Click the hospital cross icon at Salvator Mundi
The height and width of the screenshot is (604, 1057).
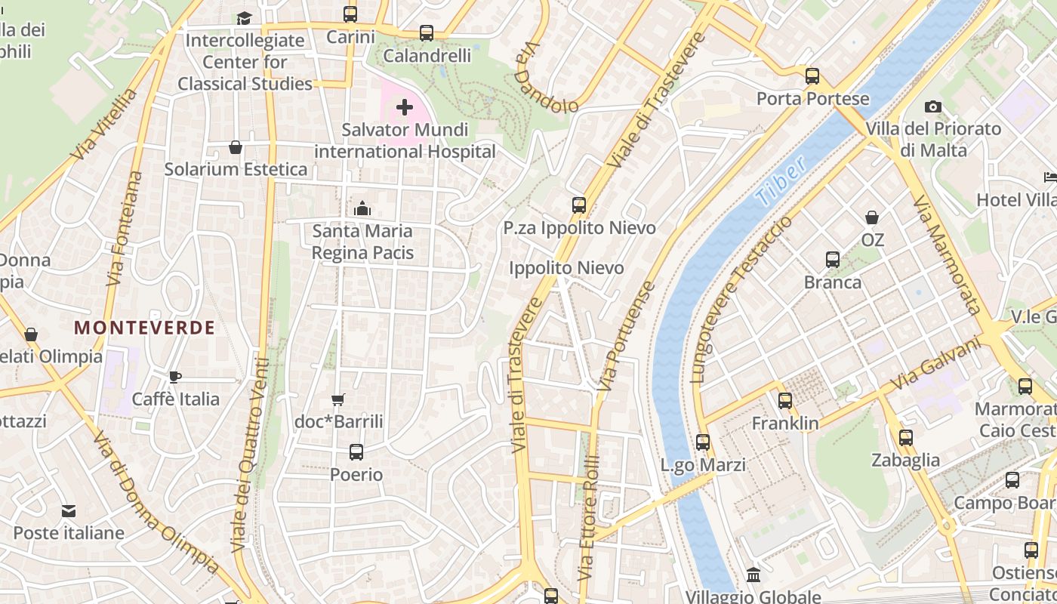coord(405,107)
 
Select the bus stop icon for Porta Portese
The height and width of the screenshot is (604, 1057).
coord(812,76)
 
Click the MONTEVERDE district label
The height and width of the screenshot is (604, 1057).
coord(144,328)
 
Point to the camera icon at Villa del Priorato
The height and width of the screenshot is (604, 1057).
coord(933,106)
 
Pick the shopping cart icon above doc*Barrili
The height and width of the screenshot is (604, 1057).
coord(338,399)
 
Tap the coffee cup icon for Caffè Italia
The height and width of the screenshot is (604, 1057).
coord(175,376)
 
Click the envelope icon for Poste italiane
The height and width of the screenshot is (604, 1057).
coord(69,511)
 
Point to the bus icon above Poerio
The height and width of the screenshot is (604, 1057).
coord(356,452)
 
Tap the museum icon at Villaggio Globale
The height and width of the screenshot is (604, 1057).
coord(753,575)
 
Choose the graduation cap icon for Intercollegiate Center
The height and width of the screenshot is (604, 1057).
coord(244,18)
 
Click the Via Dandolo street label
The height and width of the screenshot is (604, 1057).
coord(545,78)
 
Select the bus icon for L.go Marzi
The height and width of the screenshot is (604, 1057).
coord(703,442)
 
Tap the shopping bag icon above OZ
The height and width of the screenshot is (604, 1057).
coord(872,217)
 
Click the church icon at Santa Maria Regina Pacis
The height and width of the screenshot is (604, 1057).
coord(362,208)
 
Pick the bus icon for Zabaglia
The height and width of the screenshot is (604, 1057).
coord(905,438)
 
